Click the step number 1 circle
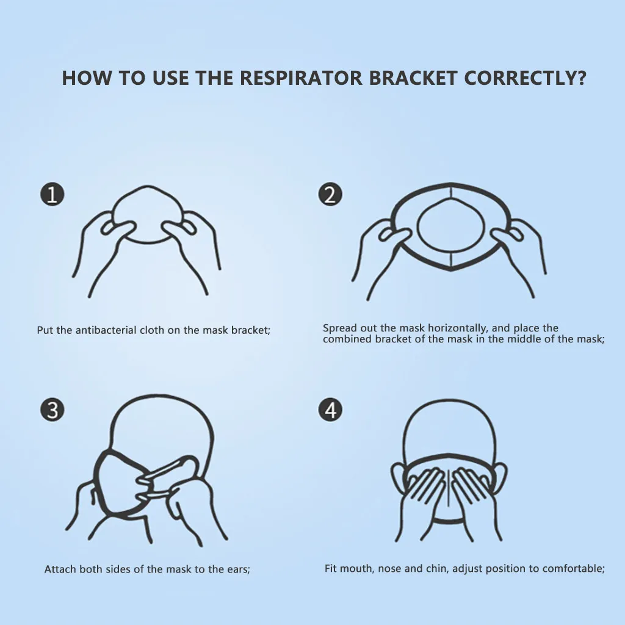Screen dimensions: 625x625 (52, 195)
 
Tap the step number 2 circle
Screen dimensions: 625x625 (330, 195)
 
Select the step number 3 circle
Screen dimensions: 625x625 (52, 410)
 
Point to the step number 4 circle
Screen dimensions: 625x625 (330, 410)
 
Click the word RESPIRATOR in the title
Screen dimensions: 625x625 (299, 78)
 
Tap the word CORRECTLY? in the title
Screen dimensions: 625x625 (525, 78)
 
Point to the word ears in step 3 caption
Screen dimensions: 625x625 (237, 569)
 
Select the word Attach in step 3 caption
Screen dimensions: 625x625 (59, 569)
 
